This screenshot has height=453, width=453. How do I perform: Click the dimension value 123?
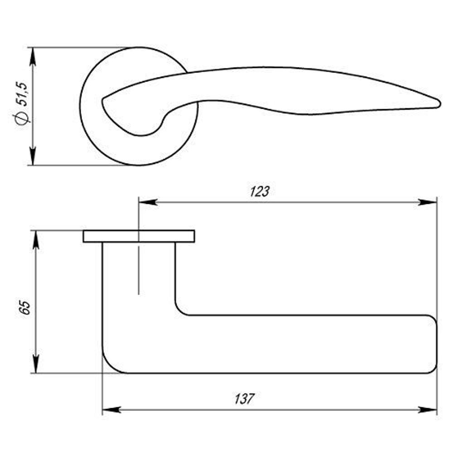click(260, 191)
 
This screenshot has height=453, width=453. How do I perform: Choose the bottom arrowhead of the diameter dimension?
click(32, 157)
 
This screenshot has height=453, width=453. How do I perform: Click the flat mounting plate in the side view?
click(139, 236)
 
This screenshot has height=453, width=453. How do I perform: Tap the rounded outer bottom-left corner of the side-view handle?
click(109, 365)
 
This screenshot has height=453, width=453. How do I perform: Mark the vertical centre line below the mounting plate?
click(139, 272)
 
